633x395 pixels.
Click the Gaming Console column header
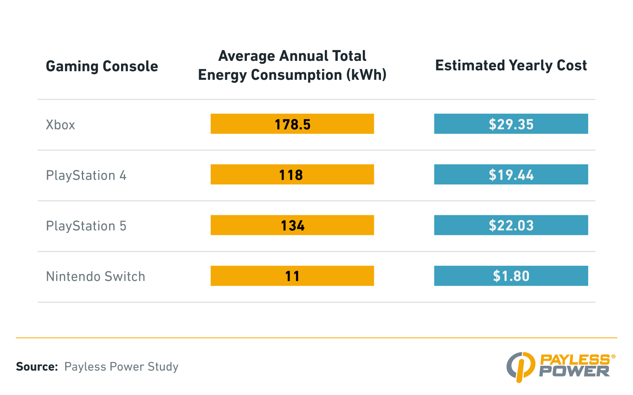[x=102, y=66]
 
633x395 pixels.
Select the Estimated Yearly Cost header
[x=511, y=66]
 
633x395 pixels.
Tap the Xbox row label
[x=60, y=125]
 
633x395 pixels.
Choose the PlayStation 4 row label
[x=86, y=175]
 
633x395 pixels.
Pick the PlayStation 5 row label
[x=86, y=226]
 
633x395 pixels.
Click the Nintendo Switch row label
[x=95, y=276]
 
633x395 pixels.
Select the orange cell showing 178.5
[x=292, y=124]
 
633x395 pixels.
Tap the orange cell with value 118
[x=292, y=175]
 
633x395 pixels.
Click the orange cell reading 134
[x=292, y=225]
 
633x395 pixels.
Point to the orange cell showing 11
[x=292, y=276]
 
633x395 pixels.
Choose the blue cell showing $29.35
[x=511, y=124]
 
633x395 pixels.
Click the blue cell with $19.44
[x=511, y=175]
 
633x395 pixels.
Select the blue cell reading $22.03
[x=511, y=225]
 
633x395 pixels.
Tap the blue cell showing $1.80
[x=511, y=276]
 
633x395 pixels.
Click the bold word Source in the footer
[x=37, y=367]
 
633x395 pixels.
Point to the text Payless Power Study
[x=121, y=367]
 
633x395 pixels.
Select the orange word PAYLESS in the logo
[x=574, y=359]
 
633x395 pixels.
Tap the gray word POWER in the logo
[x=574, y=371]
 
